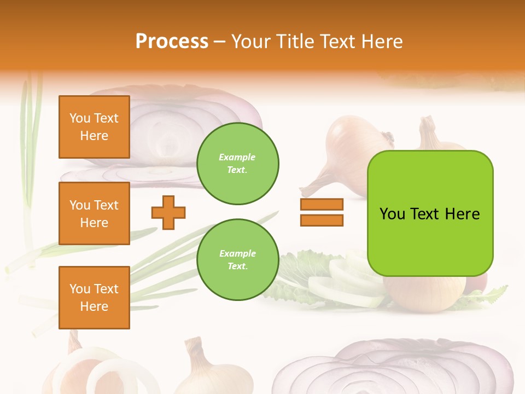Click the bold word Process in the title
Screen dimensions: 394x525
pos(172,42)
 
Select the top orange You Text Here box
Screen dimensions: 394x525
pos(94,127)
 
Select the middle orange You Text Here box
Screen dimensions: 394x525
pos(94,213)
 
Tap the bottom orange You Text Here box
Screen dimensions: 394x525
pos(94,298)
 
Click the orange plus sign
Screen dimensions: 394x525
pos(168,212)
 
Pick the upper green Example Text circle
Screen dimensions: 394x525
pos(237,164)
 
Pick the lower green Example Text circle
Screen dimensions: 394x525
pos(237,260)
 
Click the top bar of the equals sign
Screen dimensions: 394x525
pos(322,204)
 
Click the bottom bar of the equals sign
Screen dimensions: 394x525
pos(322,220)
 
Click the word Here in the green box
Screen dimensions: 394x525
pos(462,214)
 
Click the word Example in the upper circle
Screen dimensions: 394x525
pos(237,157)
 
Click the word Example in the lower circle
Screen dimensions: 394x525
pos(237,253)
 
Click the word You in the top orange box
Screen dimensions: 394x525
pos(80,118)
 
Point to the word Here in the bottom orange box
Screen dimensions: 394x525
pos(94,306)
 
